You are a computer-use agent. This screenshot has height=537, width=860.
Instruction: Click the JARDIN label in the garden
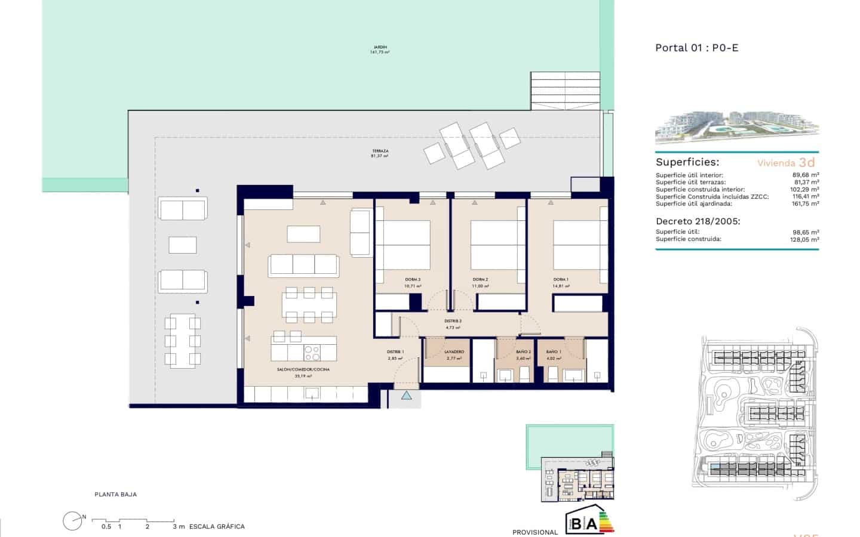(x=379, y=47)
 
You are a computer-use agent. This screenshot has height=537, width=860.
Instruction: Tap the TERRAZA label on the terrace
(x=380, y=152)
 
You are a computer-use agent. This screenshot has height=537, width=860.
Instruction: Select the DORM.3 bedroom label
(x=413, y=280)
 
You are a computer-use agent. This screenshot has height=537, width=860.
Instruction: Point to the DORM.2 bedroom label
(x=480, y=280)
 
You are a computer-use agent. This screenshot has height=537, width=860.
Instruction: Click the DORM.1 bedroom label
(x=560, y=280)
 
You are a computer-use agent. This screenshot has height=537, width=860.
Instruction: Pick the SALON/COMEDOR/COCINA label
(x=303, y=370)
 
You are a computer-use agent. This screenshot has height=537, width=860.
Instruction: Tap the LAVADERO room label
(x=454, y=352)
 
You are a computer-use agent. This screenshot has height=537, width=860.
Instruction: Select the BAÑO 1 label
(x=553, y=352)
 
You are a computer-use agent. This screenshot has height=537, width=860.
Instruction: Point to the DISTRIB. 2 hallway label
(x=453, y=321)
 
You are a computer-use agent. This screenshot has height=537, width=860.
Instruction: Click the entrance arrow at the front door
(x=406, y=395)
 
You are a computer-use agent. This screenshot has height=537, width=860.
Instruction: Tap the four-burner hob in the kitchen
(x=312, y=354)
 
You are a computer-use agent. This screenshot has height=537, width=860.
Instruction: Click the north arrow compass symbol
(x=73, y=521)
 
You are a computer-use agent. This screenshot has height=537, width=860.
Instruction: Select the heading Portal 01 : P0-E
(x=696, y=48)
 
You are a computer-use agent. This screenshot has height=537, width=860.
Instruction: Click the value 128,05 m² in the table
(x=804, y=240)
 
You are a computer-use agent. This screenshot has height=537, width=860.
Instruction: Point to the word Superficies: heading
(x=687, y=162)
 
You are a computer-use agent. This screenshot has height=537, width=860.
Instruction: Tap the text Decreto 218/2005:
(x=698, y=221)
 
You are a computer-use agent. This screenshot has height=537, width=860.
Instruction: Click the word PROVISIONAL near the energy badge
(x=535, y=532)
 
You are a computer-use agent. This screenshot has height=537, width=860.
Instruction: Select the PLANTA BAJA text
(x=115, y=495)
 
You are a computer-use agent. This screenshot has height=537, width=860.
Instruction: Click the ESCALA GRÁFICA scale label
(x=217, y=527)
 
